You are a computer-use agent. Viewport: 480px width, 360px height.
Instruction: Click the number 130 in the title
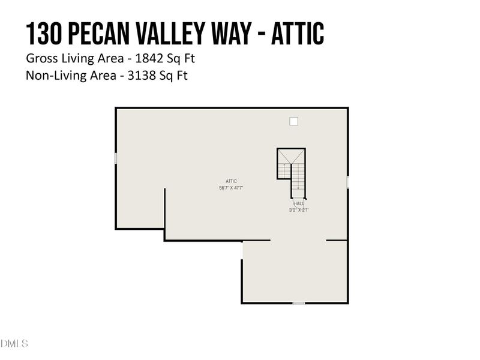tap(44, 34)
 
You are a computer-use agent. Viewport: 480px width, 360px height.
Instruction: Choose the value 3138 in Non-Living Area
tap(147, 76)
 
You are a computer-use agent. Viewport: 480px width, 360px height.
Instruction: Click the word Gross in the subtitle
tap(39, 59)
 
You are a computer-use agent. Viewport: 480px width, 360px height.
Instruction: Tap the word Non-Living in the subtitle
tap(50, 76)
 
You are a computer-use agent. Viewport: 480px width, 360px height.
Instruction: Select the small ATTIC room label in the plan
tap(231, 181)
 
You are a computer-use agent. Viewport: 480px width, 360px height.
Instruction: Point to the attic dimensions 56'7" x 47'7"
tap(231, 188)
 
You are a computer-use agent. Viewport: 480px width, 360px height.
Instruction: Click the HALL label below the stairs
tap(299, 204)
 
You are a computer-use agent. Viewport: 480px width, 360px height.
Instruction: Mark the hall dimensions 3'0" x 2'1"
tap(299, 210)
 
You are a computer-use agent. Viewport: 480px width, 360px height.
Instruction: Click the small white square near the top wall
tap(293, 121)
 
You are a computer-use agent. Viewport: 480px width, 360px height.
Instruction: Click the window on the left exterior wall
tap(116, 158)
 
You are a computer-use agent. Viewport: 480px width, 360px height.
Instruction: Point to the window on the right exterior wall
tap(348, 182)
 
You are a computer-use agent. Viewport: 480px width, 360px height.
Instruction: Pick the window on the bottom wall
tap(298, 303)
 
